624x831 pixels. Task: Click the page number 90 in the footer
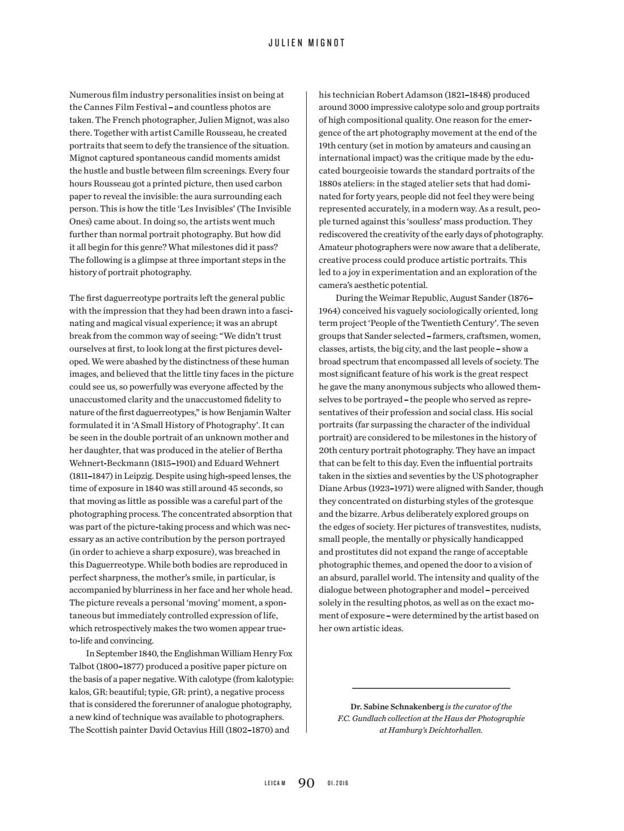[307, 783]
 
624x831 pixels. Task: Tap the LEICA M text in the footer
[275, 784]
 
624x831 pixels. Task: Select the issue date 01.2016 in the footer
[338, 784]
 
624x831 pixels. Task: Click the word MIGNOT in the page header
[332, 43]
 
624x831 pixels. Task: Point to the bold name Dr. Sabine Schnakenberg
[397, 707]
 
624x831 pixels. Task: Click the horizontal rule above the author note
[431, 688]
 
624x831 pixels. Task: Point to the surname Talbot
[82, 666]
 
